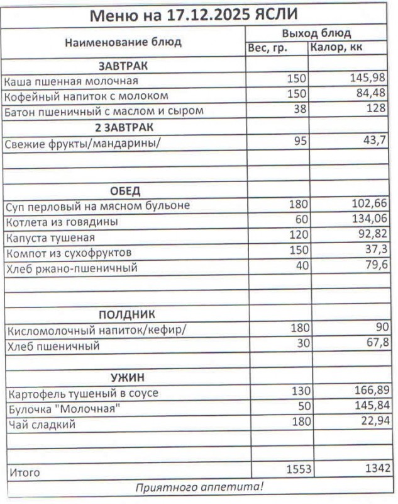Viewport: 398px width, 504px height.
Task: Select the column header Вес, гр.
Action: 268,48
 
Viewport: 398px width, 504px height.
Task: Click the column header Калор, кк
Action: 336,48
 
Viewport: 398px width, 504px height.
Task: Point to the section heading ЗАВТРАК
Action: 123,66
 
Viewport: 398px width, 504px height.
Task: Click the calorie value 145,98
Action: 369,79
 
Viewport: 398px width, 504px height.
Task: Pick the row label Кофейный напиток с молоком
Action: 87,96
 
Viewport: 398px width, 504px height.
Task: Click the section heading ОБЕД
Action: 125,191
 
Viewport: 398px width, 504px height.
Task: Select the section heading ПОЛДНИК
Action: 126,314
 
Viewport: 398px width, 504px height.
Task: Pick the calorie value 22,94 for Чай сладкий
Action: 372,421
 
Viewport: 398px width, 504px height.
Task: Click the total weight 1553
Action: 299,468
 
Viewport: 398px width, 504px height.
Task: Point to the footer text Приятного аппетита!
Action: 199,487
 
